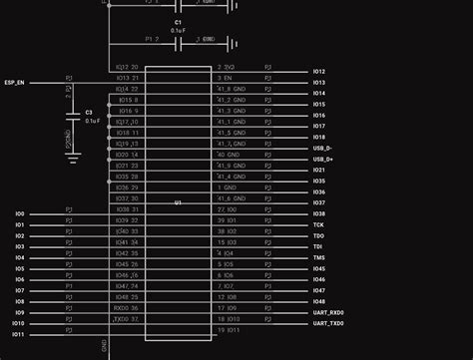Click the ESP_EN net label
pyautogui.click(x=14, y=83)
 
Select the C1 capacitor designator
pyautogui.click(x=178, y=21)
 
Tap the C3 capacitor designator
pyautogui.click(x=89, y=112)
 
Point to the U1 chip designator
pyautogui.click(x=178, y=202)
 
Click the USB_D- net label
pyautogui.click(x=323, y=149)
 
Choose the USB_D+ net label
pyautogui.click(x=323, y=160)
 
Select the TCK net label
pyautogui.click(x=317, y=225)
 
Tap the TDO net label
pyautogui.click(x=317, y=236)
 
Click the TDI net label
pyautogui.click(x=317, y=246)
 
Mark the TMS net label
pyautogui.click(x=317, y=257)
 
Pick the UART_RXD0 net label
pyautogui.click(x=328, y=312)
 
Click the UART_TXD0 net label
pyautogui.click(x=328, y=323)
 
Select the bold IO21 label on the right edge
pyautogui.click(x=318, y=171)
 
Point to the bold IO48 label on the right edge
pyautogui.click(x=318, y=301)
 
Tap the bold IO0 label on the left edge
pyautogui.click(x=20, y=214)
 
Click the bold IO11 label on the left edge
pyautogui.click(x=19, y=334)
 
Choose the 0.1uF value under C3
pyautogui.click(x=92, y=121)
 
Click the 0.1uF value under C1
pyautogui.click(x=178, y=31)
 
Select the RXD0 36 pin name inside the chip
pyautogui.click(x=125, y=308)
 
